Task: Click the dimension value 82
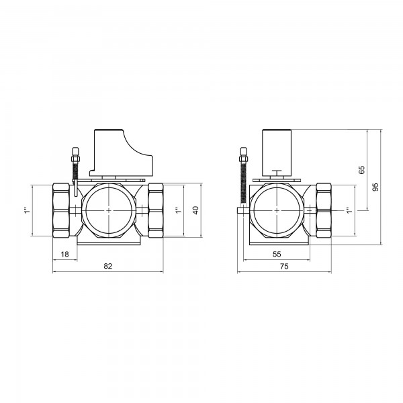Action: [x=108, y=266]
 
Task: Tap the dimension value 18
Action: [x=64, y=254]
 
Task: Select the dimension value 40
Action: [x=195, y=210]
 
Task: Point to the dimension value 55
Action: [x=277, y=254]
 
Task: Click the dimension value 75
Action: [x=284, y=266]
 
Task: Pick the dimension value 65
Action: [x=361, y=170]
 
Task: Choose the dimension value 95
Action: [x=375, y=187]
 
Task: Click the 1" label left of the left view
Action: [x=28, y=210]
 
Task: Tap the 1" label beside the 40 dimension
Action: [x=178, y=210]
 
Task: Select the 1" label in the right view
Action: [x=349, y=210]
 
